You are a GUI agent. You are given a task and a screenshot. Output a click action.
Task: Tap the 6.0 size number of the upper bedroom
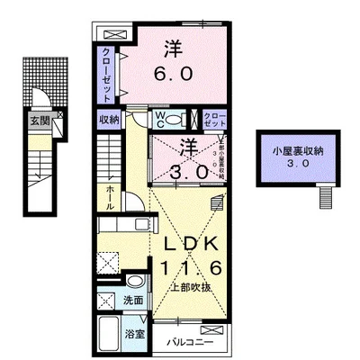[x=174, y=75]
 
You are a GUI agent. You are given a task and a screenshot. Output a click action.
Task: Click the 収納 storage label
[x=109, y=119]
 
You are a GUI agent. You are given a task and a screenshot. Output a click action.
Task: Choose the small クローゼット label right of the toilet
[x=214, y=119]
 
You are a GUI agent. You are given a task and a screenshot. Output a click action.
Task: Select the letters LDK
[x=193, y=244]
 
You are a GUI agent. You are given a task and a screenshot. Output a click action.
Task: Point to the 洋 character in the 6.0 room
[x=173, y=47]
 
